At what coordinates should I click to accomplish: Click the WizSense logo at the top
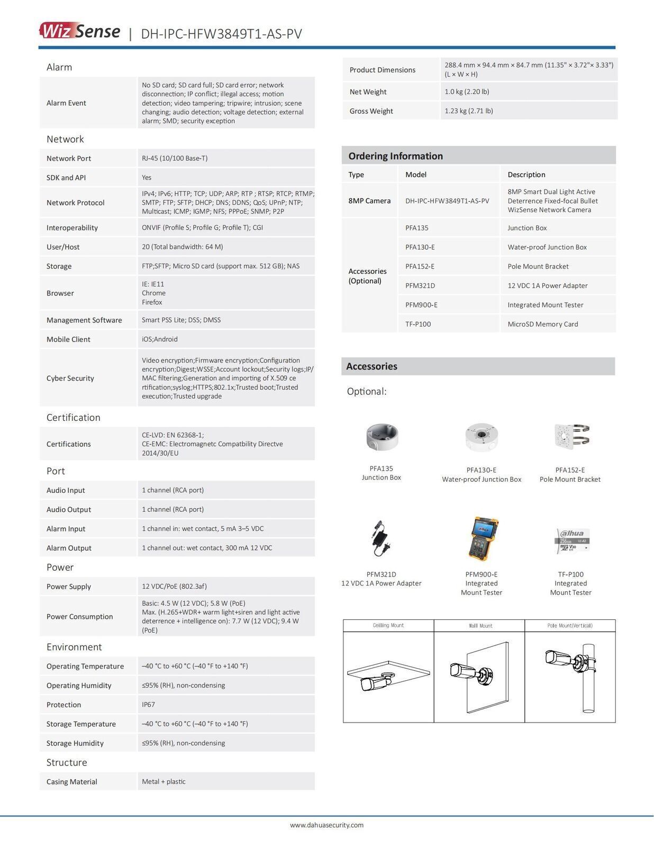click(x=79, y=31)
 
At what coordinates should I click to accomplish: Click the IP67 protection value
click(x=149, y=705)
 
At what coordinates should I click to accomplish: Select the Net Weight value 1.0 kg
click(x=467, y=92)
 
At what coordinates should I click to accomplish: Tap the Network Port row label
click(x=69, y=158)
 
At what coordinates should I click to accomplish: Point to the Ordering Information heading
click(x=395, y=156)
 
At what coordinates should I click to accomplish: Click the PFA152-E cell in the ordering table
click(x=420, y=266)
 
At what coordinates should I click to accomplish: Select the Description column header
click(x=526, y=175)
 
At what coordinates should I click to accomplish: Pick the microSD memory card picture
click(x=571, y=540)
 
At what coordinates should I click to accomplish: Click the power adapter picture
click(x=380, y=539)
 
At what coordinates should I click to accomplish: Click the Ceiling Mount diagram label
click(x=388, y=626)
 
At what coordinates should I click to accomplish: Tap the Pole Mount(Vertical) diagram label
click(x=570, y=626)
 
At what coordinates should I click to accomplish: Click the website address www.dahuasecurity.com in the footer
click(x=326, y=825)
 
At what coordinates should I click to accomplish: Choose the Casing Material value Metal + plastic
click(x=163, y=781)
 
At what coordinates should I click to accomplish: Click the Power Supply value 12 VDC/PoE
click(x=174, y=587)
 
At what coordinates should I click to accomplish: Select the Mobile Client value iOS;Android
click(x=160, y=339)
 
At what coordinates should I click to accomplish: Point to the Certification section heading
click(x=73, y=418)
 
